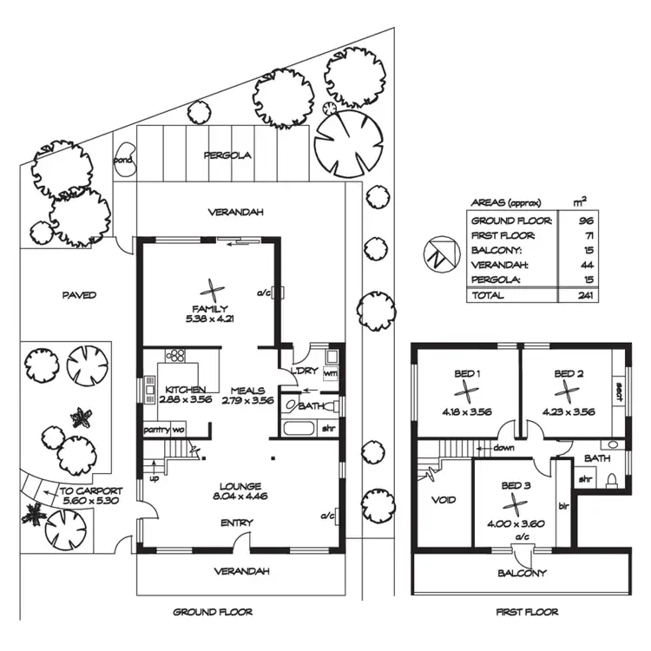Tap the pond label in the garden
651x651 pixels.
tap(123, 160)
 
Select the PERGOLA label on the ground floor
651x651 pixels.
tap(227, 156)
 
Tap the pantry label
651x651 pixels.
tap(156, 429)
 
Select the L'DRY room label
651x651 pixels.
tap(304, 372)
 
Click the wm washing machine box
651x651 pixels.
tap(329, 372)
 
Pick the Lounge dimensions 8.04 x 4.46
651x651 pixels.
tap(240, 498)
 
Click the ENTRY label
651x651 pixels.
tap(236, 523)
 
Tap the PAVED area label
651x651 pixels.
tap(79, 295)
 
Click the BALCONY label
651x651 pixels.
tap(522, 573)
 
